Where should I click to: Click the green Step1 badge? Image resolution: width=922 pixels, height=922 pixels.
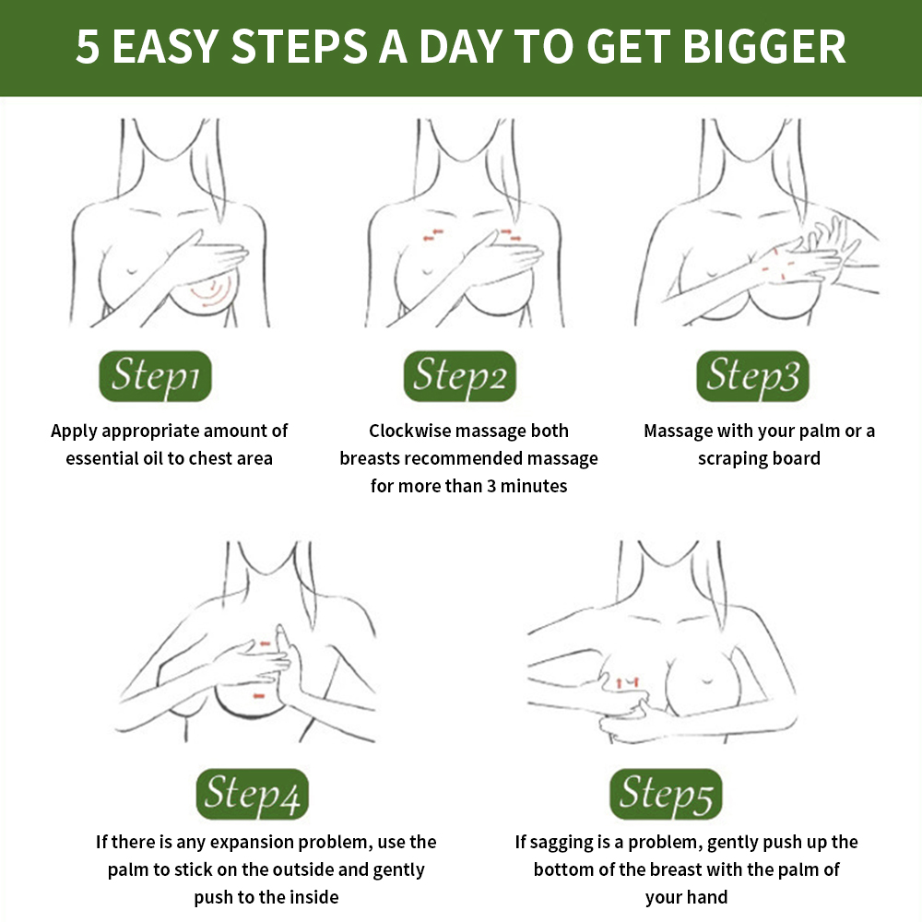pos(155,376)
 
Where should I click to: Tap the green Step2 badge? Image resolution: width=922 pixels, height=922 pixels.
pos(460,376)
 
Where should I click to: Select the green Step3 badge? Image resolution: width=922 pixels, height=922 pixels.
pos(752,376)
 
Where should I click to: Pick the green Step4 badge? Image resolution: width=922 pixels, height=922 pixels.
pos(253,794)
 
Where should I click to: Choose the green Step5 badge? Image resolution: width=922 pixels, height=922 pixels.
pos(667,794)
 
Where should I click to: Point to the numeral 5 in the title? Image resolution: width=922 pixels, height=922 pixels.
pos(88,47)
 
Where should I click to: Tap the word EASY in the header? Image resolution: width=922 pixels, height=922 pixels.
pos(165,46)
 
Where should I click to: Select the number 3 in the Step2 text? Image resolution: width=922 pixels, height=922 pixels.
pos(491,486)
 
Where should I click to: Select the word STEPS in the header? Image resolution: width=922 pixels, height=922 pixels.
pos(300,46)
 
